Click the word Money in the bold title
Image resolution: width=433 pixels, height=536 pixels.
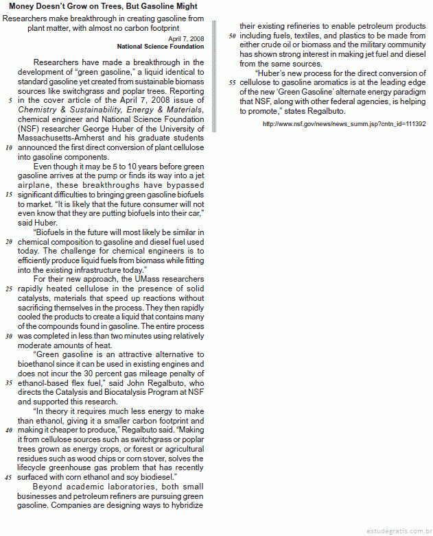[x=24, y=6]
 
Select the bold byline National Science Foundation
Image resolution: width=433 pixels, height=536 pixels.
[x=161, y=47]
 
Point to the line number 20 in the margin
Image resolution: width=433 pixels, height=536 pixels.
[x=9, y=242]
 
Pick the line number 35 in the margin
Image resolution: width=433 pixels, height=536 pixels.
[x=9, y=382]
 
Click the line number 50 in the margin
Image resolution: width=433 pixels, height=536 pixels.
[x=232, y=35]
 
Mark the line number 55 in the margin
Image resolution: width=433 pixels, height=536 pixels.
[x=232, y=82]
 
